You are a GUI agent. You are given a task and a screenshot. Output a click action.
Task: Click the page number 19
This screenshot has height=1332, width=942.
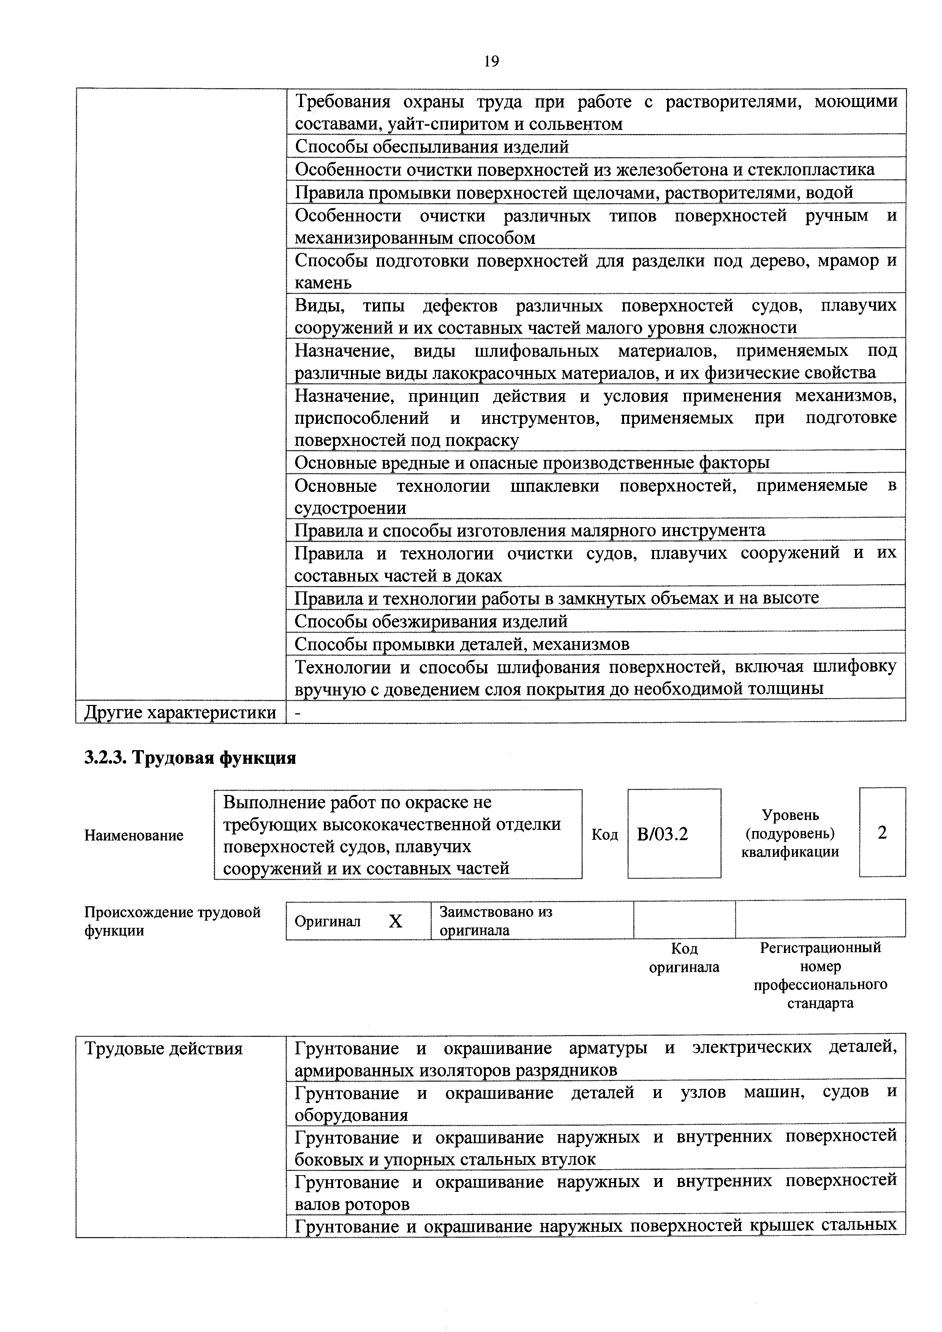[x=491, y=61]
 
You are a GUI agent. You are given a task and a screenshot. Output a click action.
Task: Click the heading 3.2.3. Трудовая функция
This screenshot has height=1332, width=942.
[x=190, y=758]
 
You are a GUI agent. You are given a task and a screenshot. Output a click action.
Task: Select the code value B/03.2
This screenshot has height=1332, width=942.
[x=662, y=834]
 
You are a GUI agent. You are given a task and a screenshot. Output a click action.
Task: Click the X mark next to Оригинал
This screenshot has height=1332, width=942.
[x=395, y=921]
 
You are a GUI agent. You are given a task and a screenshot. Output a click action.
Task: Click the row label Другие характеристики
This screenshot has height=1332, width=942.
[x=180, y=712]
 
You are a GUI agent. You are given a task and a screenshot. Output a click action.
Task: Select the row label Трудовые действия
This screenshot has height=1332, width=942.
[x=164, y=1049]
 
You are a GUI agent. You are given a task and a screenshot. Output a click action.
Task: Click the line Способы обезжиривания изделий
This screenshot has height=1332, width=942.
[x=431, y=621]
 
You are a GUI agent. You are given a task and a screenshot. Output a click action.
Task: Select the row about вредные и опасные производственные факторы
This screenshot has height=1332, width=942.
[x=532, y=463]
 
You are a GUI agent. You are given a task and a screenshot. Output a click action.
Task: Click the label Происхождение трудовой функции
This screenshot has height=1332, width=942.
[x=172, y=921]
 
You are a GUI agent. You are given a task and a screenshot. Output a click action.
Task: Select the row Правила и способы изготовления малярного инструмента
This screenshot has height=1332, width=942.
[x=529, y=530]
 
